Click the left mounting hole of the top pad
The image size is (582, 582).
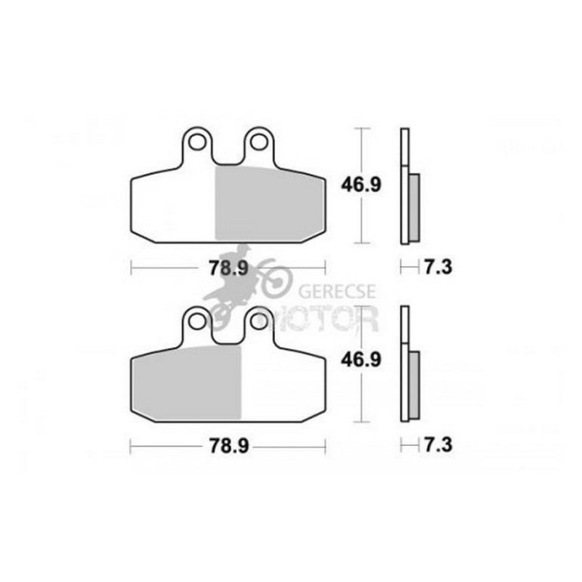point(197,141)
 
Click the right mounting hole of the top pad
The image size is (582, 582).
point(258,141)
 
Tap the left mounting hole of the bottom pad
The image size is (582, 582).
point(197,320)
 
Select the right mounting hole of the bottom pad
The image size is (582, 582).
point(258,320)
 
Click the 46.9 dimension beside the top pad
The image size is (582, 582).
point(361,185)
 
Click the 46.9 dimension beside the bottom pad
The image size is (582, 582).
point(361,359)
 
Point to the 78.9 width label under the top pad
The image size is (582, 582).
point(228,268)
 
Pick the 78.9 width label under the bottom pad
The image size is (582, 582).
point(228,446)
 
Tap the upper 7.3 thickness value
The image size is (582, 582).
point(438,267)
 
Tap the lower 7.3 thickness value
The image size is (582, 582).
point(438,444)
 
